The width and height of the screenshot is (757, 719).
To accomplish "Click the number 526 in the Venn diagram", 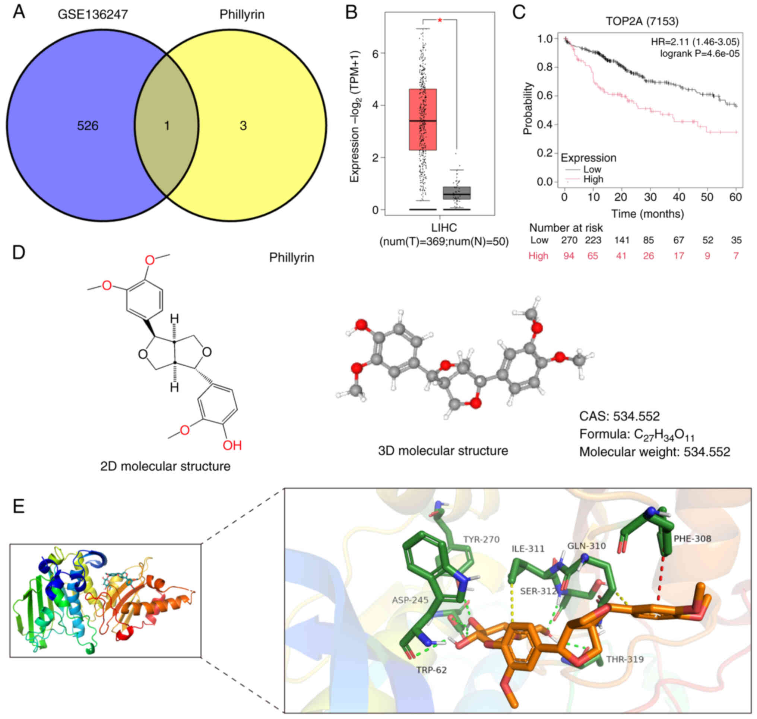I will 88,125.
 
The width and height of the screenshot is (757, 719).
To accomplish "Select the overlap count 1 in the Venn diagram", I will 167,125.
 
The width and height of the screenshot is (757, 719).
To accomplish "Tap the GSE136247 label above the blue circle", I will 93,15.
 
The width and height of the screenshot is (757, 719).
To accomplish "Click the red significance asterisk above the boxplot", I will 440,20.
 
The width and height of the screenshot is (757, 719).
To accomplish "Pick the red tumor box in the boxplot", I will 422,120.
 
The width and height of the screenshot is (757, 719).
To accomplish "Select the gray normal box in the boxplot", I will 456,193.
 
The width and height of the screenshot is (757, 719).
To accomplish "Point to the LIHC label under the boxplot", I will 444,228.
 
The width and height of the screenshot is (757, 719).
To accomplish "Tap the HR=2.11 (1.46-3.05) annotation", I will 695,42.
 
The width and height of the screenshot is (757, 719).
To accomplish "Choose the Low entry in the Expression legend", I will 592,169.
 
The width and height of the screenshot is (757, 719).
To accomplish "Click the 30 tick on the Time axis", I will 650,197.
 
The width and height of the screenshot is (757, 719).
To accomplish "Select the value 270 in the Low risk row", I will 569,240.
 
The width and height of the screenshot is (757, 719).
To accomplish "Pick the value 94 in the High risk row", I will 568,256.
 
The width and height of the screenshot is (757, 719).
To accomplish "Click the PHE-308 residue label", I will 692,538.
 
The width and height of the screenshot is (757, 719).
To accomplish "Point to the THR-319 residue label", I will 625,659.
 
